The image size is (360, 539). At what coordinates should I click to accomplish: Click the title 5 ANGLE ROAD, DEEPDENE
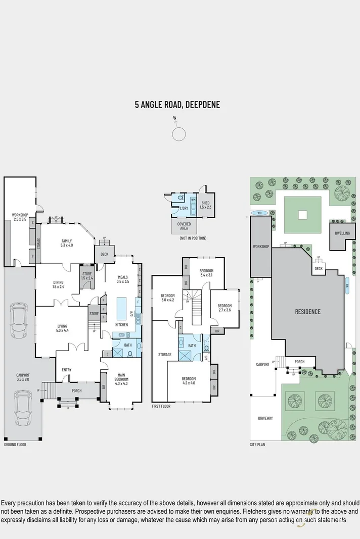pos(177,105)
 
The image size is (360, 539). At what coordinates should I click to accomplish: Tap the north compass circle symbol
pos(178,134)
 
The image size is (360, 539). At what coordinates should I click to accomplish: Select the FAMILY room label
pos(67,242)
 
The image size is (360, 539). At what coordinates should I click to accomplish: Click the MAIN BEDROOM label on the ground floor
pos(121,377)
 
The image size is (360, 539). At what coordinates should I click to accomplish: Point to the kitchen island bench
pos(122,306)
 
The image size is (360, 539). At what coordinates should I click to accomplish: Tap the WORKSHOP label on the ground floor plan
pos(20,217)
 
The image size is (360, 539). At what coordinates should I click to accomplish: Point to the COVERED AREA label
pos(184,226)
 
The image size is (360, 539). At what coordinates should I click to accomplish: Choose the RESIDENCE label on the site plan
pos(307,312)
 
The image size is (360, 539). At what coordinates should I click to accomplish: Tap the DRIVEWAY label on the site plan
pos(265,418)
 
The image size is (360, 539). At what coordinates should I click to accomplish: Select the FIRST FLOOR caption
pos(161,406)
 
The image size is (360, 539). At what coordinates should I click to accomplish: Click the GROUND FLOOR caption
pos(15,445)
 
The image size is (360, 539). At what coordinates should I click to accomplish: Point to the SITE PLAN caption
pos(257,445)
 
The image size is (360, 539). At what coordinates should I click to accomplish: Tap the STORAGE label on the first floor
pos(165,355)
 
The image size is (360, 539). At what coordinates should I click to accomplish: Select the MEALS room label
pos(123,278)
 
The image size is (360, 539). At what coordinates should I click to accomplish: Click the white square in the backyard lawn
pos(302,215)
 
